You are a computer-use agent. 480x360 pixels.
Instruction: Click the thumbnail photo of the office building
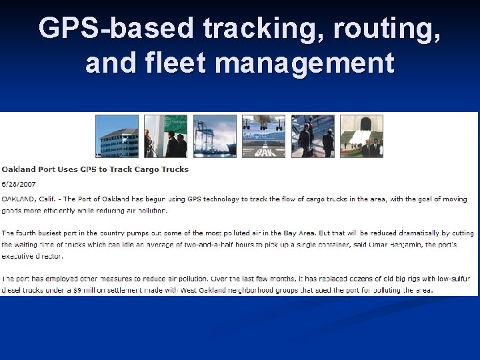tap(117, 136)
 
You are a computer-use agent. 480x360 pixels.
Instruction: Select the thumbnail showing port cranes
tap(215, 136)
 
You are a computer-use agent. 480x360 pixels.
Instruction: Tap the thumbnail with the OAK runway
tap(263, 136)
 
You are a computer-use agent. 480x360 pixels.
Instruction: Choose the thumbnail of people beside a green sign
tap(166, 136)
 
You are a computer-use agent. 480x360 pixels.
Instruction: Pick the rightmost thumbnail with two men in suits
tap(361, 136)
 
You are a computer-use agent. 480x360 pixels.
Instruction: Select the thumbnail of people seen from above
tap(312, 136)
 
